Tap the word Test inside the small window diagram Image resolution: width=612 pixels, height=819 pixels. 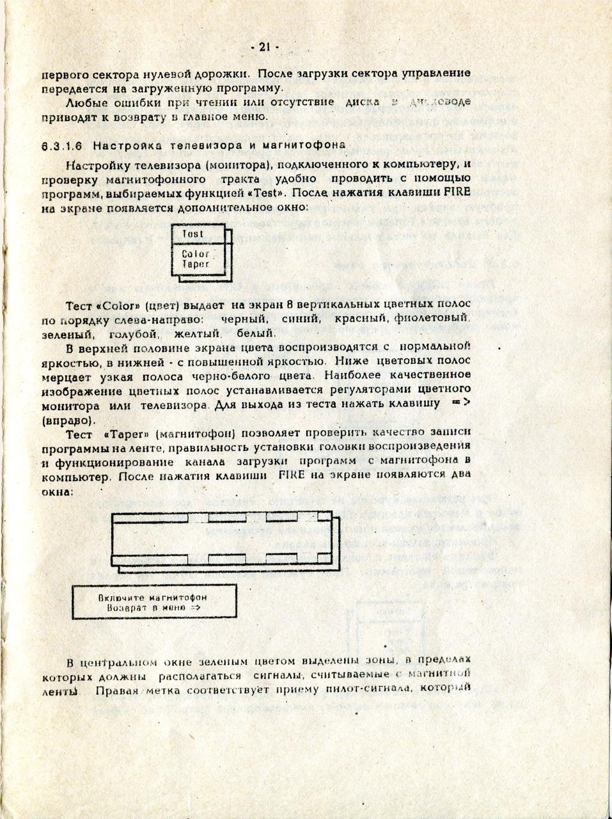point(192,234)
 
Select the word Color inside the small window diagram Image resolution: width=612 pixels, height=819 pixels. point(195,254)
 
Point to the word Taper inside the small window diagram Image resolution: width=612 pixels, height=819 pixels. point(195,264)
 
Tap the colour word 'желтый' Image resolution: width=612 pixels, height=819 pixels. point(198,333)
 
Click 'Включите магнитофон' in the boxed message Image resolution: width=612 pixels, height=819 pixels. point(152,598)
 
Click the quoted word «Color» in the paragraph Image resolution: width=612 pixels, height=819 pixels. point(116,303)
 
